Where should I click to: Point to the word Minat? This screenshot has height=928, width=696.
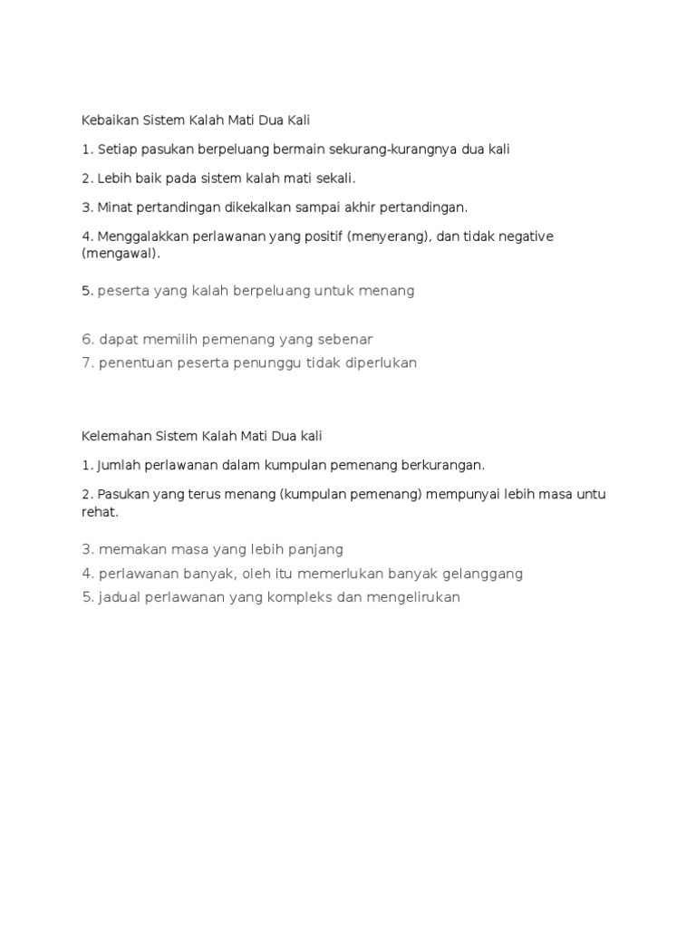coord(112,208)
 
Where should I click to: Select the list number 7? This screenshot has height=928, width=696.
coord(87,362)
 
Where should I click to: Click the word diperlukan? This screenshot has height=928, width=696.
coord(372,362)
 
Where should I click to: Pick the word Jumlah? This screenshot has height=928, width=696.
coord(121,465)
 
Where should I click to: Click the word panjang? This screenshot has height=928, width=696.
coord(311,549)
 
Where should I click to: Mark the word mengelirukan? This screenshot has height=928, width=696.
coord(412,597)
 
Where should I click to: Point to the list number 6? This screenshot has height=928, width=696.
coord(87,339)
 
